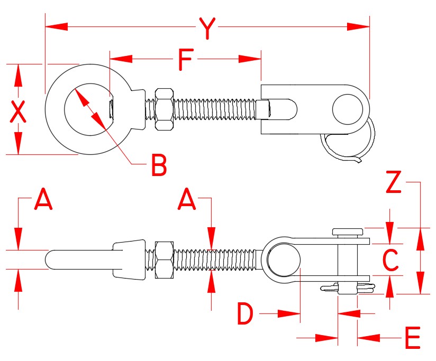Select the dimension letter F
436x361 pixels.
184,60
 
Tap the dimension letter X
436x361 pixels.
18,112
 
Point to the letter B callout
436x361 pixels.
158,165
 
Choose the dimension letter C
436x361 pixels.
390,260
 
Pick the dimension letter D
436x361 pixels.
244,315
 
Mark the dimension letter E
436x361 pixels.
412,338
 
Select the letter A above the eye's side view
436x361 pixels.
43,200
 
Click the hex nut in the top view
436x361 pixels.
163,109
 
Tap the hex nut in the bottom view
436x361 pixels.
163,260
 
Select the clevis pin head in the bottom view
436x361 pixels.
348,232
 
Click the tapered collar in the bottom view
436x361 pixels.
128,260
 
